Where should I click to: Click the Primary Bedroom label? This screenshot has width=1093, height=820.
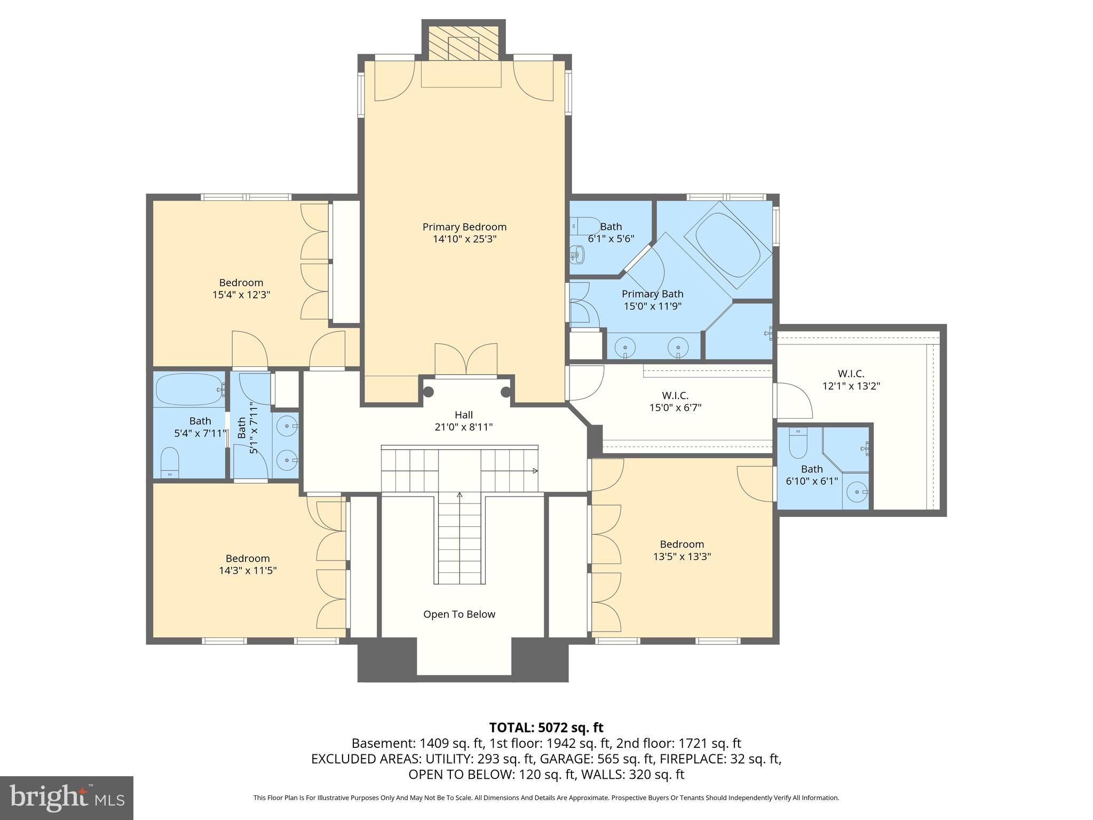[x=464, y=227]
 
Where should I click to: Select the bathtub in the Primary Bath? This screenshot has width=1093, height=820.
[x=728, y=247]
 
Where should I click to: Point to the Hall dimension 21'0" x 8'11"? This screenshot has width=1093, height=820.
[x=463, y=427]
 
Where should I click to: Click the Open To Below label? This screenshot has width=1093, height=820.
[x=459, y=614]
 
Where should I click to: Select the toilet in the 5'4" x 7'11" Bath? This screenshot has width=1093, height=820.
[x=170, y=462]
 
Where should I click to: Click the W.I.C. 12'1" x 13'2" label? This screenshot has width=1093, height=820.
[x=851, y=380]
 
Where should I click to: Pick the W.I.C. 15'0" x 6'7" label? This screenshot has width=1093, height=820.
[x=675, y=401]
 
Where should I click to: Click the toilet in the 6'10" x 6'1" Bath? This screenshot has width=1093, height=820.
[x=798, y=444]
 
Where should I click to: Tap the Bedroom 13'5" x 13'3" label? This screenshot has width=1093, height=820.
[x=682, y=550]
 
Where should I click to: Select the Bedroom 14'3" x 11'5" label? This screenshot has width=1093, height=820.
[x=248, y=564]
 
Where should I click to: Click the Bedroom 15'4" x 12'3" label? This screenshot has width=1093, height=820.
[x=241, y=288]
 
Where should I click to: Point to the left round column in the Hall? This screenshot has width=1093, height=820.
[x=428, y=392]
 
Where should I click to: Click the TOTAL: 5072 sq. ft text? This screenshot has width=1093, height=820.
[x=546, y=728]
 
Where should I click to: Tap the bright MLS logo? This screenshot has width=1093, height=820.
[x=66, y=798]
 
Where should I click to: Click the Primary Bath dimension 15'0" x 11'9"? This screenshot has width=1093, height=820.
[x=653, y=306]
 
